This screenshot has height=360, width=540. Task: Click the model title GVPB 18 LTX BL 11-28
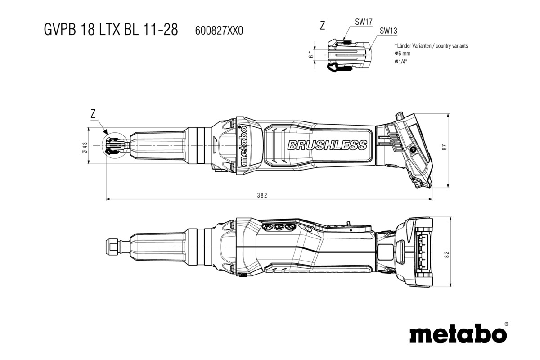click(x=111, y=30)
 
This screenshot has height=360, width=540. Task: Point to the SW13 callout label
click(x=388, y=31)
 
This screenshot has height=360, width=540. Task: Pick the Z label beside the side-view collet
click(x=93, y=114)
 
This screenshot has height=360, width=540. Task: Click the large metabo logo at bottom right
click(x=455, y=335)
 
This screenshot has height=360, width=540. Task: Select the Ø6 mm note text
click(x=403, y=54)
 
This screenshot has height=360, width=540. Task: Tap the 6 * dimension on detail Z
click(x=310, y=54)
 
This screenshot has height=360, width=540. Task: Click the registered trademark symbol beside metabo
click(x=506, y=324)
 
